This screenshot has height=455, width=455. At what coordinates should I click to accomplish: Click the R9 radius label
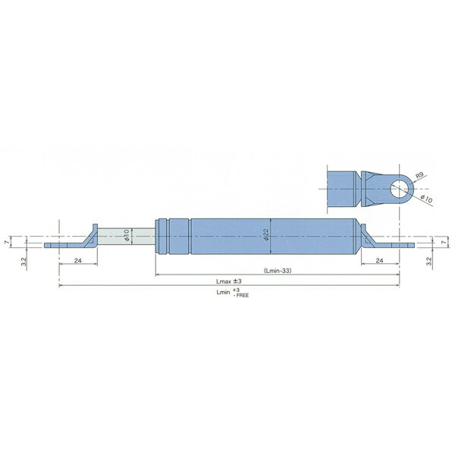(x=420, y=176)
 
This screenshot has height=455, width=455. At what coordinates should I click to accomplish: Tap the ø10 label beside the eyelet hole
(x=426, y=199)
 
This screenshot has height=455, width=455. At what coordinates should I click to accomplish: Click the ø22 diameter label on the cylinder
(x=267, y=234)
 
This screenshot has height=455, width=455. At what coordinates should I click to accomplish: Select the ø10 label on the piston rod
(x=126, y=235)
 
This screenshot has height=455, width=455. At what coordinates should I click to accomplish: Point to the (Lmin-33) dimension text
(x=278, y=271)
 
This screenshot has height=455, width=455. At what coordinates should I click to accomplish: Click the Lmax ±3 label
(x=229, y=281)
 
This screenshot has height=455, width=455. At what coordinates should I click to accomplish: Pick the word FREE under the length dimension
(x=243, y=296)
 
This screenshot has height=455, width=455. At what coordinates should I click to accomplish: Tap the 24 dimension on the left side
(x=78, y=261)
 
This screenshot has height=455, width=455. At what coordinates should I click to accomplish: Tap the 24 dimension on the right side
(x=380, y=261)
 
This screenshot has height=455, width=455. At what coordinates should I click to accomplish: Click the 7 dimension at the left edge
(x=7, y=242)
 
